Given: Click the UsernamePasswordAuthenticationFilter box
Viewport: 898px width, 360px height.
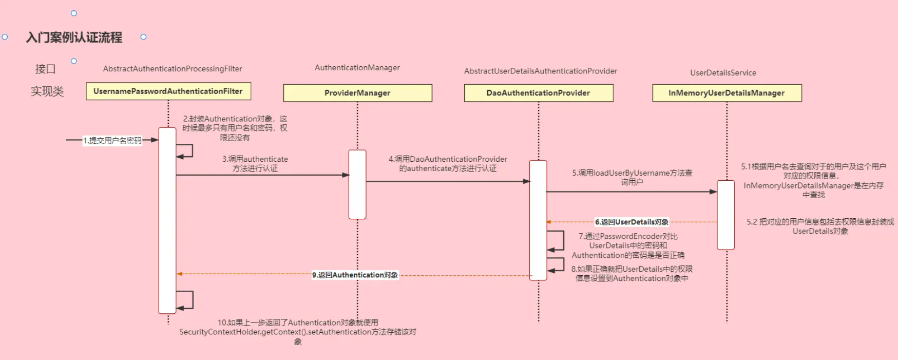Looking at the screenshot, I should pos(168,91).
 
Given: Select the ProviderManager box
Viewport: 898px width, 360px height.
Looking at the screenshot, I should pos(357,93).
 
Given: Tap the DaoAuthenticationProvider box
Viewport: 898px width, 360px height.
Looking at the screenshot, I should pos(538,93).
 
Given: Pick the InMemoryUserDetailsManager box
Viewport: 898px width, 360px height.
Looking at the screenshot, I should pos(727,93).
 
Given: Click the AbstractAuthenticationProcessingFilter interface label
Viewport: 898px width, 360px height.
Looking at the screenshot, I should pos(173,69).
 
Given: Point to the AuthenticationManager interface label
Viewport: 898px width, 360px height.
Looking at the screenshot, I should pos(357,68).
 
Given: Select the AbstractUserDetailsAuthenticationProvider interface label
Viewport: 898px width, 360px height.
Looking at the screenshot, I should pos(541,71).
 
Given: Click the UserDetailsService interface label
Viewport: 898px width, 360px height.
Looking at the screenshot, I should pos(723,73).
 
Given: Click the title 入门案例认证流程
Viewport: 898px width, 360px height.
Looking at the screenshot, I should pos(74,37).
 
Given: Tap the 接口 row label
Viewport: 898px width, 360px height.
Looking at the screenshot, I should pos(45,69).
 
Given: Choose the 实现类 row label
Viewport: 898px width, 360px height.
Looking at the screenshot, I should pos(47,91).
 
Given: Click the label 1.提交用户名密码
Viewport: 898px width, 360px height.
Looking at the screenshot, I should pos(112,140).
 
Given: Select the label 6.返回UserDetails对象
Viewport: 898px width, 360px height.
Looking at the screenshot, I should pos(632,222).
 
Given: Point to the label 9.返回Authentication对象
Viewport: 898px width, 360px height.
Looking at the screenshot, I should pos(355,275).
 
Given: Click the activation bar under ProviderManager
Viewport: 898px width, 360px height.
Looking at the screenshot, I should pos(357,184).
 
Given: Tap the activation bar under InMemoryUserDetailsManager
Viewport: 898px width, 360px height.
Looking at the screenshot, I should pos(725,215).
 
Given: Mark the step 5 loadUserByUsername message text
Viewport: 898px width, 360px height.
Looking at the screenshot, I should pos(632,177).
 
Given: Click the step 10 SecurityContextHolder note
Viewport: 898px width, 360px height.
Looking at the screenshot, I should pos(298,332).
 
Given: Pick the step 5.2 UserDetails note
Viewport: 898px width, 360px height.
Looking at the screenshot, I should pos(820,226).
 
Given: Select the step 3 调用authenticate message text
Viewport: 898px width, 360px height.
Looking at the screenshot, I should pos(255,164).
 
